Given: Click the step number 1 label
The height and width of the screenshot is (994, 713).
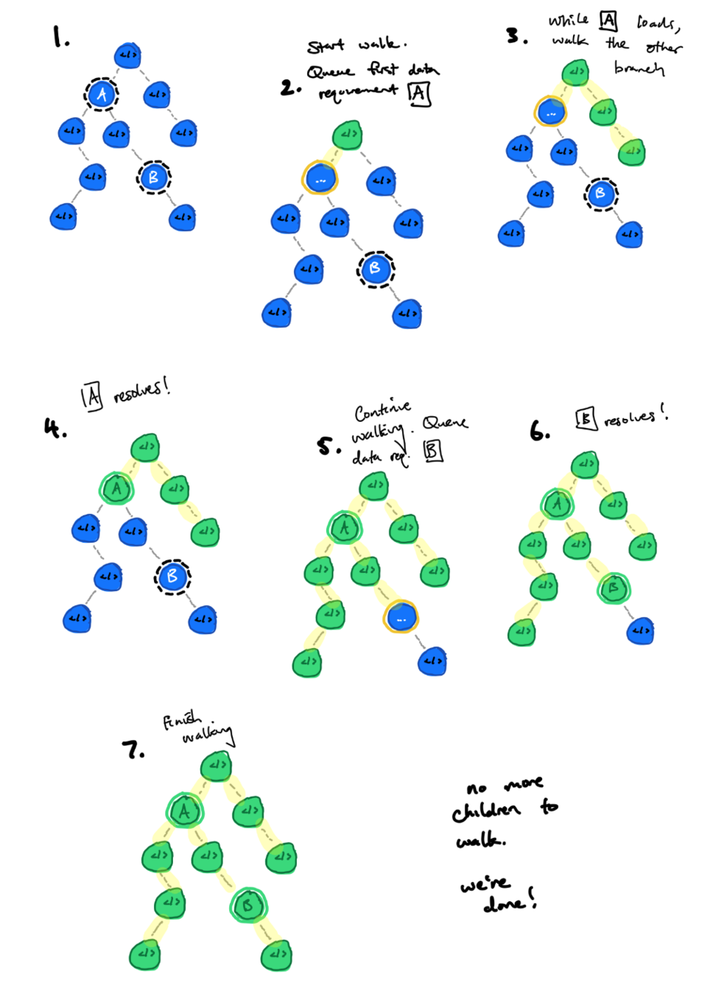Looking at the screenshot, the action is pyautogui.click(x=60, y=36).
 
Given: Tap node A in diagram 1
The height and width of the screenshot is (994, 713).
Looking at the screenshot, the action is pyautogui.click(x=102, y=94).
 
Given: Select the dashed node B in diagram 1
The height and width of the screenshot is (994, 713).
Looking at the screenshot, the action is pyautogui.click(x=153, y=177).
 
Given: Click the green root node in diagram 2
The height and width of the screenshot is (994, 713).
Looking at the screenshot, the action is pyautogui.click(x=348, y=135).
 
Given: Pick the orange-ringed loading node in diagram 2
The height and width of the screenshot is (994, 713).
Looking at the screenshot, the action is pyautogui.click(x=320, y=178).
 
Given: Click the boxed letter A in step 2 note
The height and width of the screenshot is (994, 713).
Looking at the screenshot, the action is pyautogui.click(x=419, y=94).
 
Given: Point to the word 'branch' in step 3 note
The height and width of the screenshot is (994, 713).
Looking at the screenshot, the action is pyautogui.click(x=639, y=68).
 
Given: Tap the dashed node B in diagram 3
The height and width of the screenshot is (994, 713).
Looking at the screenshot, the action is pyautogui.click(x=600, y=194).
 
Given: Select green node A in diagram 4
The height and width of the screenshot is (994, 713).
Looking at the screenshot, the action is pyautogui.click(x=116, y=488).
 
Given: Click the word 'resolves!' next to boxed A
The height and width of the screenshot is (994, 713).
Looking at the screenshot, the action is pyautogui.click(x=141, y=390).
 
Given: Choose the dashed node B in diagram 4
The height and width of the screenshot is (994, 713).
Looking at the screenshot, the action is pyautogui.click(x=172, y=576).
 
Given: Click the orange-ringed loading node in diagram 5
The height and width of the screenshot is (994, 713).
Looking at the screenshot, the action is pyautogui.click(x=401, y=617).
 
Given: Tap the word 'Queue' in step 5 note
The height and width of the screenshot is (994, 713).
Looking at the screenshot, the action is pyautogui.click(x=445, y=423).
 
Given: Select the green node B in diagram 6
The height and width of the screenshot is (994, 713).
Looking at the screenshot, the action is pyautogui.click(x=613, y=588).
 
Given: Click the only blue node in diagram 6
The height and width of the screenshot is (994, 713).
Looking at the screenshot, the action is pyautogui.click(x=641, y=631).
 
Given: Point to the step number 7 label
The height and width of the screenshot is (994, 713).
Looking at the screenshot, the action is pyautogui.click(x=133, y=750).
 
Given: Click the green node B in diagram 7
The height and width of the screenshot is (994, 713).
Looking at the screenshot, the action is pyautogui.click(x=248, y=906).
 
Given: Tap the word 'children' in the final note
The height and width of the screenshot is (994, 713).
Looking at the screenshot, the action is pyautogui.click(x=486, y=811).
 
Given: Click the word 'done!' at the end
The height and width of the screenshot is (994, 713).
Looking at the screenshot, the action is pyautogui.click(x=509, y=901).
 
